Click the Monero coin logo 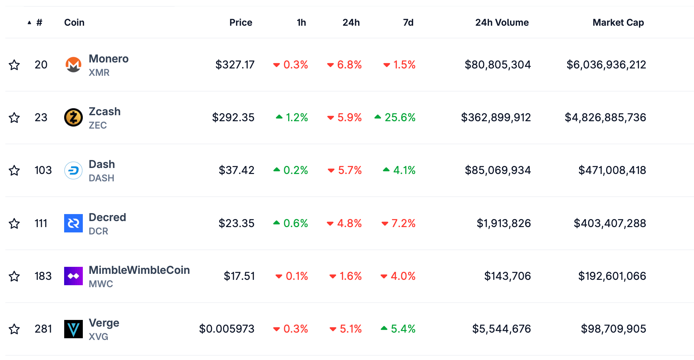click(x=73, y=64)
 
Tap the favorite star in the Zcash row click(x=14, y=118)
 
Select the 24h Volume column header click(x=502, y=22)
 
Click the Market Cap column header click(x=618, y=22)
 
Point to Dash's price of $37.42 click(x=236, y=170)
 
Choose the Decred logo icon click(x=73, y=223)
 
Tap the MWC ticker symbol click(x=101, y=284)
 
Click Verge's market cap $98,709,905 click(x=613, y=329)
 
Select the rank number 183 click(x=43, y=276)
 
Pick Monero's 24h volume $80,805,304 click(x=497, y=65)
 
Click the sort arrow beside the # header click(x=29, y=23)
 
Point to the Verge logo click(x=73, y=329)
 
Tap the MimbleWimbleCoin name click(x=139, y=270)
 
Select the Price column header click(x=240, y=22)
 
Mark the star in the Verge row click(x=14, y=329)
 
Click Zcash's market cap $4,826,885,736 click(x=605, y=118)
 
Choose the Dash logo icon click(x=73, y=170)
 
